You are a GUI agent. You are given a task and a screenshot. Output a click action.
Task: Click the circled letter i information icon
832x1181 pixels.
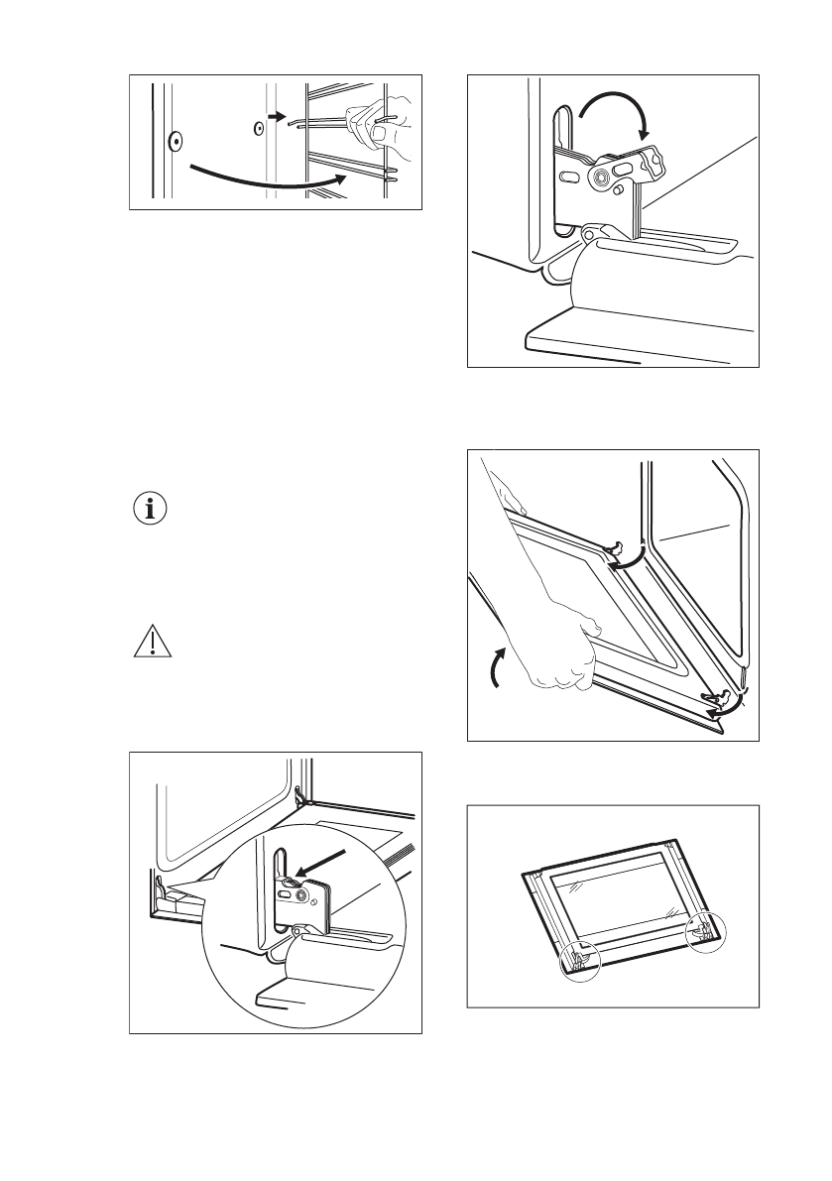(151, 511)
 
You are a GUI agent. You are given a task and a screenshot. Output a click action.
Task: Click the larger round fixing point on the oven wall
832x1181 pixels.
(175, 140)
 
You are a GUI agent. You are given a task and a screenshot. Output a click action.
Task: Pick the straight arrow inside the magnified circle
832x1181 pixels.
(323, 861)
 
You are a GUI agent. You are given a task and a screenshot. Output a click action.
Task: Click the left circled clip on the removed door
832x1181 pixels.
(579, 959)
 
